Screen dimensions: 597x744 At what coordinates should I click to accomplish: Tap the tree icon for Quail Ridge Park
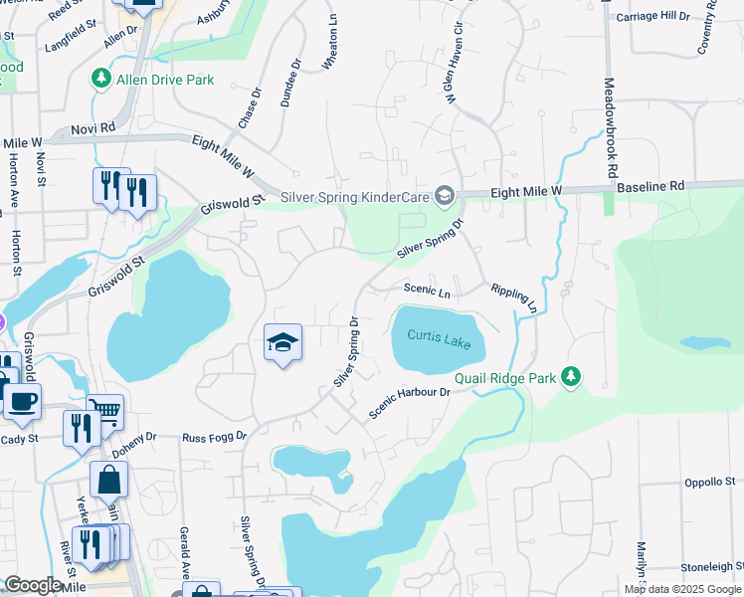(x=570, y=377)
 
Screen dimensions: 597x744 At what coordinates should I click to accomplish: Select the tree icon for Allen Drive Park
(x=100, y=78)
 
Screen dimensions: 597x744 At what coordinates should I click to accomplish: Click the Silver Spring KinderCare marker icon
(x=445, y=196)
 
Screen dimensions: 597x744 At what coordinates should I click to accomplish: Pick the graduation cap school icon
(x=282, y=343)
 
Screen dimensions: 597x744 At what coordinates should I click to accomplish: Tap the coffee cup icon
(x=22, y=401)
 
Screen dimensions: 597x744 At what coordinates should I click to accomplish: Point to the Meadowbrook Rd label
(x=609, y=128)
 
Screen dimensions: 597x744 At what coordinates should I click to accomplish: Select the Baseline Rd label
(x=650, y=186)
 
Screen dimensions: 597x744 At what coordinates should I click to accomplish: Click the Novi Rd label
(x=93, y=129)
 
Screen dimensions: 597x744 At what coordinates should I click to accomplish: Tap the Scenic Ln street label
(x=427, y=292)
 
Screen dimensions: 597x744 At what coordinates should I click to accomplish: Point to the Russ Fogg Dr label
(x=213, y=437)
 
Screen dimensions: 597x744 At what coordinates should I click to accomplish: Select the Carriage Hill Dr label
(x=651, y=17)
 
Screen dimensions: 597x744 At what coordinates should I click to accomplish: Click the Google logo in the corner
(x=32, y=585)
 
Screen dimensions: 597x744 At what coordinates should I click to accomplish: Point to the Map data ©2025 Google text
(x=681, y=589)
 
